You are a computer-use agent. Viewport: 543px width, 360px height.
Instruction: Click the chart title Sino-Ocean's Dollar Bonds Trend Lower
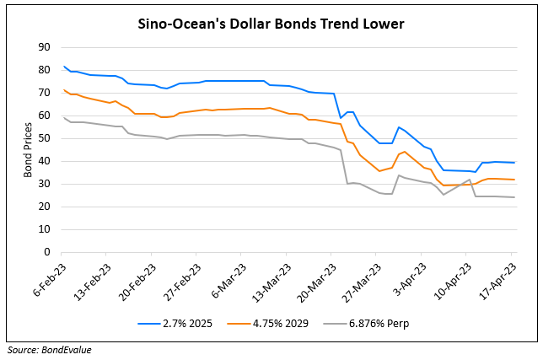[x=271, y=24]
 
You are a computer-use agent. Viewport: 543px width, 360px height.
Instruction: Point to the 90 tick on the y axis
[x=46, y=47]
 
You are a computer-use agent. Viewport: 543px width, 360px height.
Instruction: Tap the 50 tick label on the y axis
[x=46, y=138]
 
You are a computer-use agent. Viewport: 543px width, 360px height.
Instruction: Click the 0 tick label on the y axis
[x=48, y=252]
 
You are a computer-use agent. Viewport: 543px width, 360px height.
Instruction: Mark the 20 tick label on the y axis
[x=46, y=207]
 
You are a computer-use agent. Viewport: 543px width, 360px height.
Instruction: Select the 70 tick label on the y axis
[x=46, y=93]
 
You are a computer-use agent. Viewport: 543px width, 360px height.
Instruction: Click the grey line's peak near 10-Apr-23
[x=470, y=203]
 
